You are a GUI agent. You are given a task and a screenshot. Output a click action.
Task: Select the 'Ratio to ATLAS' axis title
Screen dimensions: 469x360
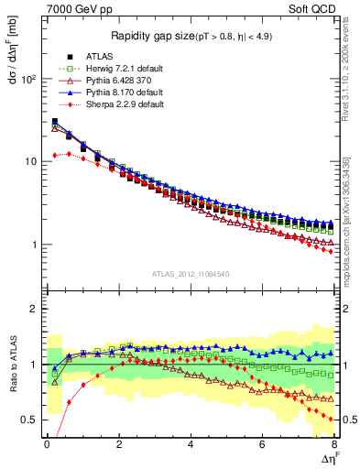pyautogui.click(x=13, y=367)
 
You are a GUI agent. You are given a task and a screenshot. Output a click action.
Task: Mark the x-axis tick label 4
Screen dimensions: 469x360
pyautogui.click(x=191, y=442)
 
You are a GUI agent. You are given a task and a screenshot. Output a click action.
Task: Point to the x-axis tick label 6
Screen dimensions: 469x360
pyautogui.click(x=262, y=442)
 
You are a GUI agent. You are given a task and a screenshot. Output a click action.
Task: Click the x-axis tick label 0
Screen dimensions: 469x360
pyautogui.click(x=47, y=442)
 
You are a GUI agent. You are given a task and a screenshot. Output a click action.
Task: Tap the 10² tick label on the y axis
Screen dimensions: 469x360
pyautogui.click(x=27, y=79)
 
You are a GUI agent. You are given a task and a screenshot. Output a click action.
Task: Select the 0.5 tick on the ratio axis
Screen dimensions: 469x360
pyautogui.click(x=27, y=420)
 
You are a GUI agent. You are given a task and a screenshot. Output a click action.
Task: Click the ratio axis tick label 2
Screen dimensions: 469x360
pyautogui.click(x=33, y=309)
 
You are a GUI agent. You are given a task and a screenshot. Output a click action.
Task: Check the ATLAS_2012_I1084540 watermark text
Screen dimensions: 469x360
pyautogui.click(x=191, y=273)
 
